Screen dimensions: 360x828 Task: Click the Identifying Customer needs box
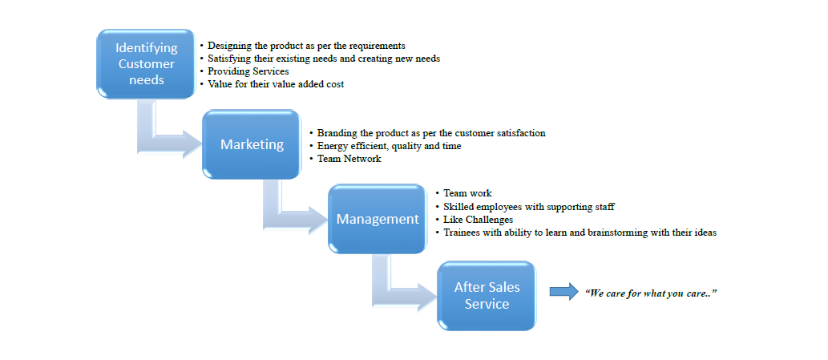[146, 64]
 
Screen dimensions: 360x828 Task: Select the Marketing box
[252, 144]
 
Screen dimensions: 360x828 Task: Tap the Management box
[377, 219]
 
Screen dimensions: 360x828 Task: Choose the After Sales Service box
[487, 295]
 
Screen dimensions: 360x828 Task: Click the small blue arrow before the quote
[563, 291]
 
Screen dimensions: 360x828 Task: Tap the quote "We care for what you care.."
[651, 293]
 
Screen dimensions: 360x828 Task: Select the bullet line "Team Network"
[349, 159]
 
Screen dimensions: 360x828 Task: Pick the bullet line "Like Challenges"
[479, 219]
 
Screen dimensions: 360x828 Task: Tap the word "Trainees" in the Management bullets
[462, 233]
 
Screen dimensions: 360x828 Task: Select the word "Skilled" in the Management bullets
[459, 206]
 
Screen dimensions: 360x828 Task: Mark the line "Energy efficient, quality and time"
[389, 146]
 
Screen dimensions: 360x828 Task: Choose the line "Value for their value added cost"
[276, 84]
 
